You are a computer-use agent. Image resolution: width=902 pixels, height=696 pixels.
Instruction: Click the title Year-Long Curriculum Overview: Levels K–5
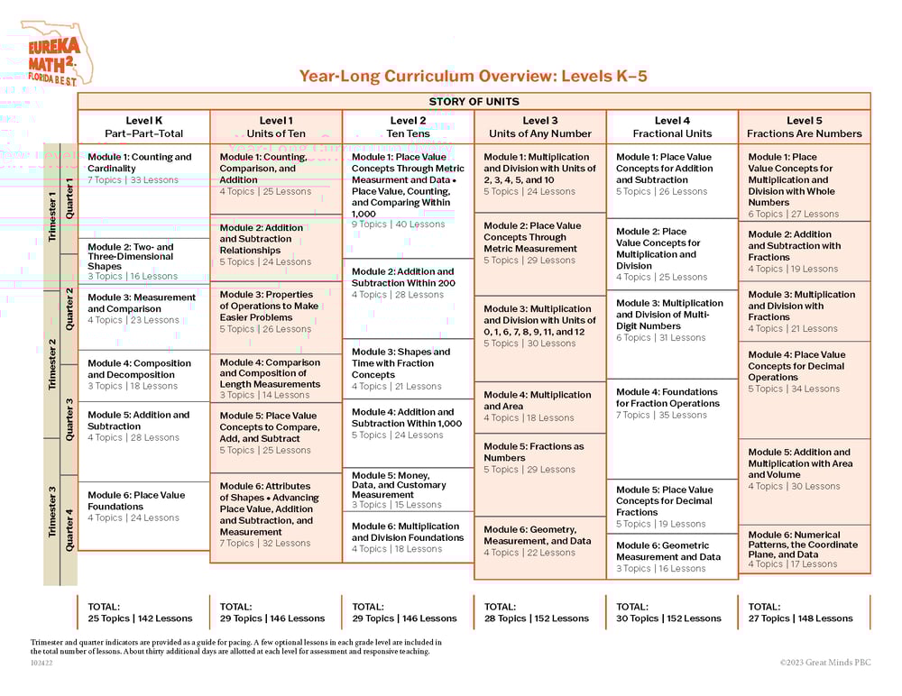[473, 77]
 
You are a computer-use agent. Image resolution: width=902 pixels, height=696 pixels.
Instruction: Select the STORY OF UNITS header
[474, 102]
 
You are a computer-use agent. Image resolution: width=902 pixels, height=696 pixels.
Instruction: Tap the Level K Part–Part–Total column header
[143, 127]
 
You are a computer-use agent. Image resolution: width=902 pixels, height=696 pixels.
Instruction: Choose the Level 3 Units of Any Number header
[540, 127]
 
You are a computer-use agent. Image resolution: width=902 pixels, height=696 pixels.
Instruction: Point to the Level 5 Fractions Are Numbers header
[804, 127]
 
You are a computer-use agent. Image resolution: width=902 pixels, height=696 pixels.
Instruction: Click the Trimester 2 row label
[52, 364]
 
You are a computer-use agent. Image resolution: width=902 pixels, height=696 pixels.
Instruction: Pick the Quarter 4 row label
[69, 530]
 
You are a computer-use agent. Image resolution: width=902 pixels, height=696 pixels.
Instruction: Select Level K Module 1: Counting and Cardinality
[140, 162]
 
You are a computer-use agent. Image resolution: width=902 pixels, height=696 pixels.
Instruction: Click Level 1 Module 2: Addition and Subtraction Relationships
[262, 239]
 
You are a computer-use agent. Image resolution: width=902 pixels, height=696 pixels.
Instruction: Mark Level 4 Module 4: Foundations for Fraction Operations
[667, 398]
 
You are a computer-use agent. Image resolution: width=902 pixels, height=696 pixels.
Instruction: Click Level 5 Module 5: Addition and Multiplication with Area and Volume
[799, 463]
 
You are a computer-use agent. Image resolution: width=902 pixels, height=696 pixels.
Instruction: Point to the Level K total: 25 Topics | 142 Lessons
[140, 613]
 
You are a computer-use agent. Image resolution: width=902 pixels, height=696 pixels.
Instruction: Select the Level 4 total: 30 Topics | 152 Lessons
[668, 613]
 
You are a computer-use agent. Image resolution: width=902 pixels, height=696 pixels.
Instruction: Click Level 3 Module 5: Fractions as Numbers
[534, 452]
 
